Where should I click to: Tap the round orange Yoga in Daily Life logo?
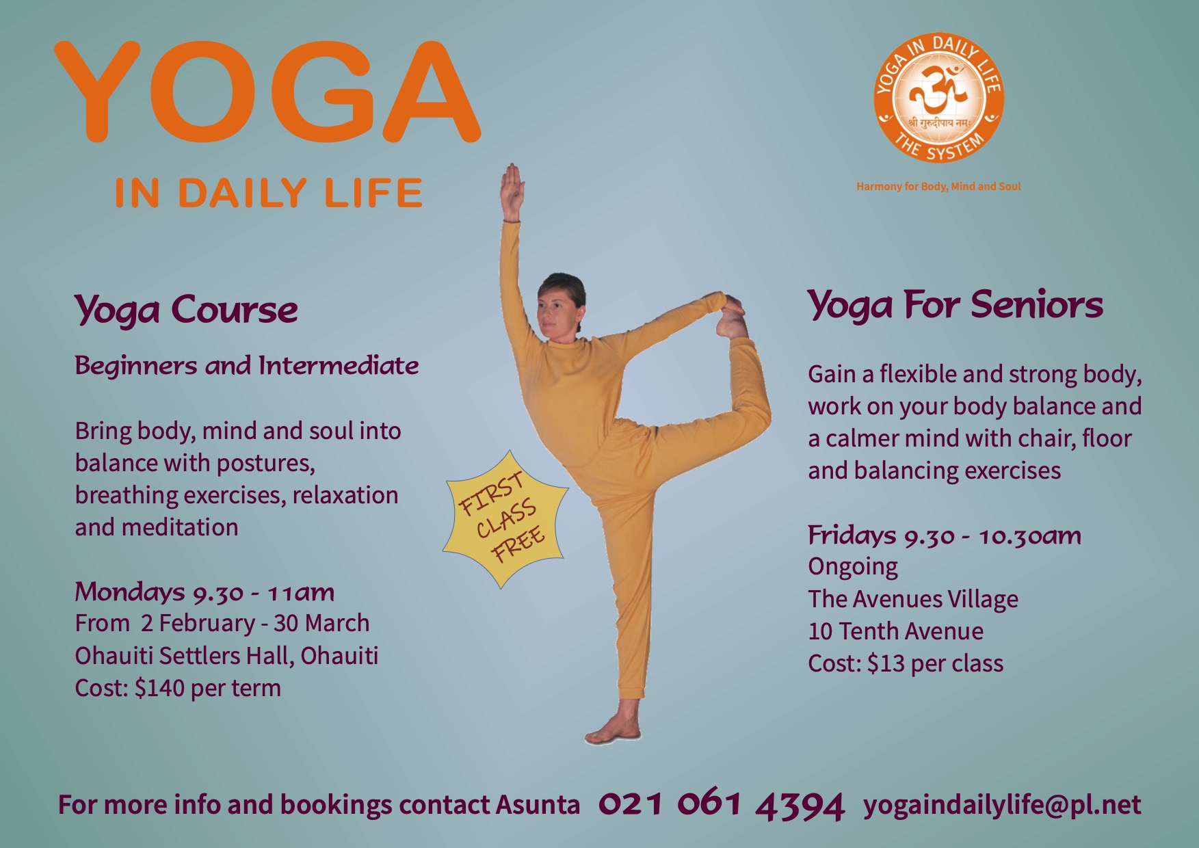938,100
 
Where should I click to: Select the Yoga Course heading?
186,310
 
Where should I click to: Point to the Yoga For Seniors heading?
955,305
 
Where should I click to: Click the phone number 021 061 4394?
721,805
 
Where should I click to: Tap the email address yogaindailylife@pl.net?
1002,805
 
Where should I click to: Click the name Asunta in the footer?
538,805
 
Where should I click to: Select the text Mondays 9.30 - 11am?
205,592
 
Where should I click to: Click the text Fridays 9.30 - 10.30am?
944,535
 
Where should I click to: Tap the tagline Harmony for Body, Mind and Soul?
938,187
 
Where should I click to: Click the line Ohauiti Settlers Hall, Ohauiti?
226,656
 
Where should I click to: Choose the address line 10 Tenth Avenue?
895,631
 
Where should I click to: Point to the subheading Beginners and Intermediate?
246,366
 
